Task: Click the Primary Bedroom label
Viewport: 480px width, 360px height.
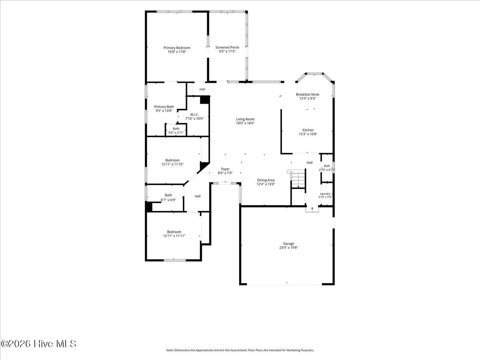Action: pos(177,48)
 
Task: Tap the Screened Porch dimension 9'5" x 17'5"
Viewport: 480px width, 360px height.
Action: pos(227,51)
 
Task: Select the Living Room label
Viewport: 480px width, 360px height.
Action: pos(245,119)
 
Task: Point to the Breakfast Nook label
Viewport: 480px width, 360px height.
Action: pos(307,94)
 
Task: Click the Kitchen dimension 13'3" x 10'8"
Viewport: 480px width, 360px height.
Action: pos(308,134)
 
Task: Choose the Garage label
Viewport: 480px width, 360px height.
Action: pos(289,243)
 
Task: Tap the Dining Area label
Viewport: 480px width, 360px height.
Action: pos(266,180)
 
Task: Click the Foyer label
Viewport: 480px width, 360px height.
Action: pos(225,169)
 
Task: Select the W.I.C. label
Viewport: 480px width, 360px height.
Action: pos(194,115)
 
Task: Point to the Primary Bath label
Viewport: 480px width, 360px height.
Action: pos(164,107)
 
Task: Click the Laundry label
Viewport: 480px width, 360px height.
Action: pos(325,194)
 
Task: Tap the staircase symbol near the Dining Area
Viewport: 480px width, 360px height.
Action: pos(298,178)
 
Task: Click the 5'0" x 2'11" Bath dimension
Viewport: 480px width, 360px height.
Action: pos(176,132)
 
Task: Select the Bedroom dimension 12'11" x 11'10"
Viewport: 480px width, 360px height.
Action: pos(172,164)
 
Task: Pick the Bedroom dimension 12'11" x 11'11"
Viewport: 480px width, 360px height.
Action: pos(174,236)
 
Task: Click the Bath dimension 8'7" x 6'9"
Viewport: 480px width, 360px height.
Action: pos(168,200)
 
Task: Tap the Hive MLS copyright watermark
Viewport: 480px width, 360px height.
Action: pos(38,344)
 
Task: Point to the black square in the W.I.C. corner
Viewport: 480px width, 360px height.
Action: pos(205,100)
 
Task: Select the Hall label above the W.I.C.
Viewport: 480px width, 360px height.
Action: pos(202,89)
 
